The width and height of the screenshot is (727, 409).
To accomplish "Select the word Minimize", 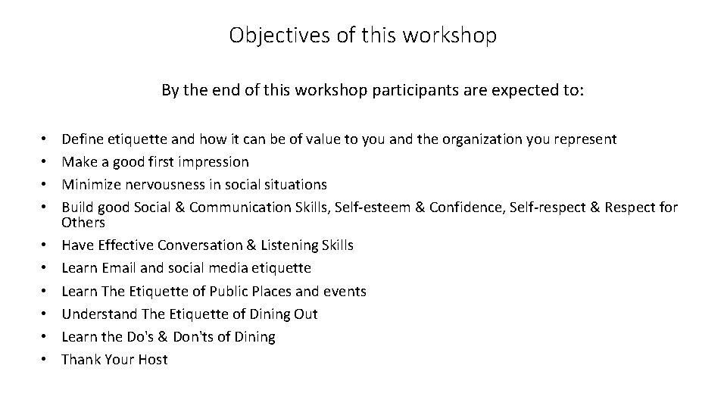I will pos(89,185).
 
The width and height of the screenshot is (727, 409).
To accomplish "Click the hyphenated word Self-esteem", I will pos(372,208).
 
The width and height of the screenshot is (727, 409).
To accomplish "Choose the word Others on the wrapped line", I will pos(83,223).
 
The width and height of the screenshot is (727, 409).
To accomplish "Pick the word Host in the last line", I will pos(152,359).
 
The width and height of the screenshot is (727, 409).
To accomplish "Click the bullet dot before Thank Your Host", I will pos(47,359).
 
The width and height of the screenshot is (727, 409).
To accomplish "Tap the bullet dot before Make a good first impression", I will pos(47,162).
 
